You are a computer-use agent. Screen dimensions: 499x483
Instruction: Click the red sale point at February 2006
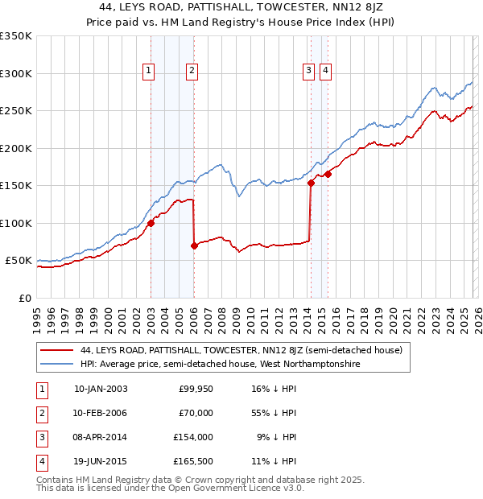point(194,245)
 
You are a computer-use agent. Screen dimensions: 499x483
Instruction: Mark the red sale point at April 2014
point(311,183)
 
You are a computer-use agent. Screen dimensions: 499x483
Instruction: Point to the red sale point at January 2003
point(151,224)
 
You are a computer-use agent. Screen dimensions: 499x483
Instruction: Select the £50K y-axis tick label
point(18,261)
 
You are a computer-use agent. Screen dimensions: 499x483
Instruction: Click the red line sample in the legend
point(57,351)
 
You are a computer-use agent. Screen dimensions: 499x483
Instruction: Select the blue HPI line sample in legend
point(57,365)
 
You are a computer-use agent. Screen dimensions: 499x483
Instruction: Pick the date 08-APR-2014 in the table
point(101,437)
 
